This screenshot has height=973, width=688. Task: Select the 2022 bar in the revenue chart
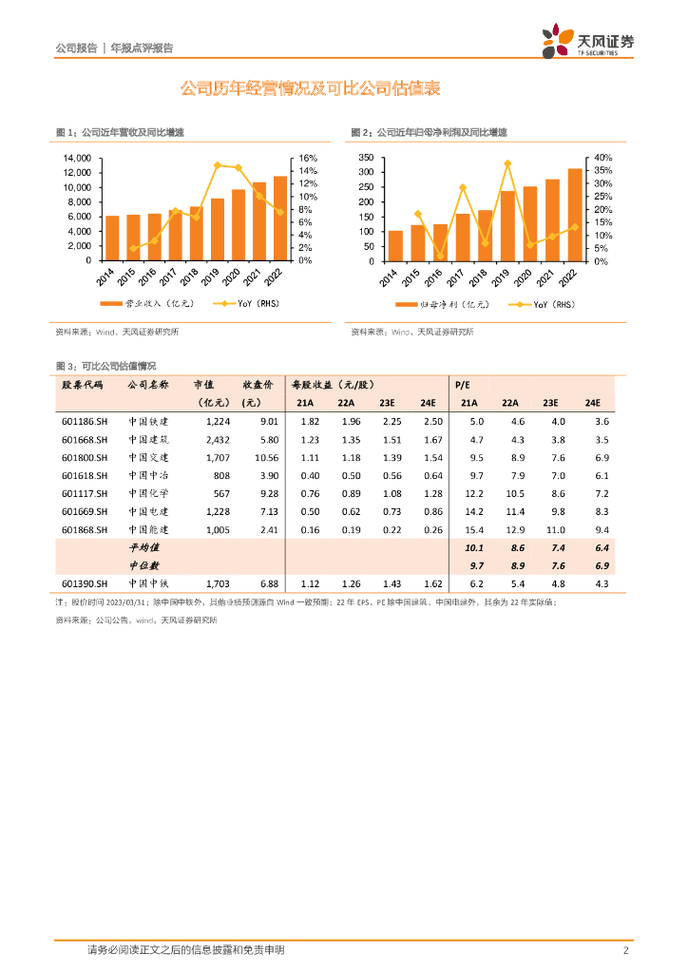click(x=279, y=219)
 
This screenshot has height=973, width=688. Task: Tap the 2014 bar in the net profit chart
click(x=395, y=245)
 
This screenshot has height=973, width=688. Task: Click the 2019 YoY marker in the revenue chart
click(x=218, y=165)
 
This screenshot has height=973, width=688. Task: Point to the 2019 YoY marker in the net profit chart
click(x=507, y=163)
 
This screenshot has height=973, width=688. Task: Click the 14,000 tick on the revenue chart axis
click(x=76, y=158)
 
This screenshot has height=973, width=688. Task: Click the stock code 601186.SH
click(x=86, y=421)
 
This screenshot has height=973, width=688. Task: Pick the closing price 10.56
click(x=266, y=457)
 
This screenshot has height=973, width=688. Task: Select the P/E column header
click(x=463, y=384)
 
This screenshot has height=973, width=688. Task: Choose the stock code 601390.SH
click(x=86, y=583)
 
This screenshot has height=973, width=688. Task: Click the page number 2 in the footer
click(x=625, y=950)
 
